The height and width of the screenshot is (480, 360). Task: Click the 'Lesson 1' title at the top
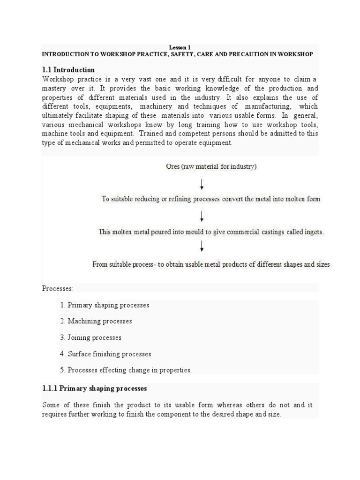(x=180, y=47)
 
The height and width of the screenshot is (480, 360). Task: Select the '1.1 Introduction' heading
(x=68, y=70)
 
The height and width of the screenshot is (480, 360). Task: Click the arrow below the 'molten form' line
(x=202, y=215)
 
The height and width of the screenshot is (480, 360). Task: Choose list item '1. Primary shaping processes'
(x=105, y=305)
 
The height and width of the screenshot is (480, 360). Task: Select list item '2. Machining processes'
(x=96, y=322)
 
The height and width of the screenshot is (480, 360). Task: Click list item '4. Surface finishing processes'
(x=105, y=354)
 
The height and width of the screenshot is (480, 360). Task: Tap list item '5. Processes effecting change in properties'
(x=126, y=370)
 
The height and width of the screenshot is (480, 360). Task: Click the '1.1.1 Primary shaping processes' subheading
(x=95, y=389)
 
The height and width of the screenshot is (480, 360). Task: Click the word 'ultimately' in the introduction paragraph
(x=59, y=116)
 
